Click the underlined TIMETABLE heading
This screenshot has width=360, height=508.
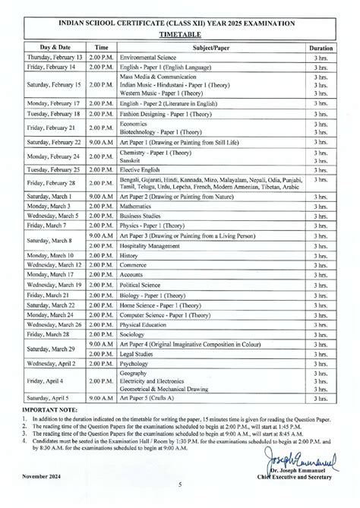[181, 35]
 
